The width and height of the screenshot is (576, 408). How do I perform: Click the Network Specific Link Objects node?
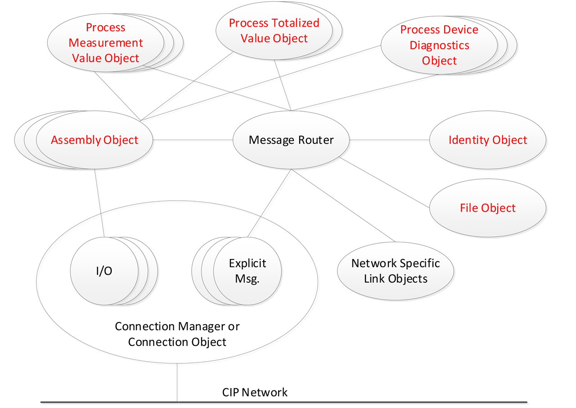tap(396, 271)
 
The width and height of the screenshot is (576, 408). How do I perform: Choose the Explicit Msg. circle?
tap(247, 271)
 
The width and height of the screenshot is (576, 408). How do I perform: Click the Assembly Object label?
tap(94, 140)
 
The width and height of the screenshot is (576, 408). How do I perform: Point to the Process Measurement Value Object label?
tap(106, 43)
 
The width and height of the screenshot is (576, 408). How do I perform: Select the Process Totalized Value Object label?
tap(274, 31)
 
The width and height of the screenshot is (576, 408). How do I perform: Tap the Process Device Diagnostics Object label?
tap(439, 45)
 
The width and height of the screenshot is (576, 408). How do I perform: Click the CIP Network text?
tap(255, 392)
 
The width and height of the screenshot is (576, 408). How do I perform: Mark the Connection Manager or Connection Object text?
tap(177, 334)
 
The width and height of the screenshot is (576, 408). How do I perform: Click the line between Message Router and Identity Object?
tap(389, 140)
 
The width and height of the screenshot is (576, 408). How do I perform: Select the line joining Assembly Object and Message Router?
tap(193, 140)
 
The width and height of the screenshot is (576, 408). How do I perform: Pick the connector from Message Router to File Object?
tap(385, 183)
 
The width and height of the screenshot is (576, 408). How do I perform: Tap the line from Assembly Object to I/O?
tap(99, 203)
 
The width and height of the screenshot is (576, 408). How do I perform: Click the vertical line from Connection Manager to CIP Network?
tap(177, 383)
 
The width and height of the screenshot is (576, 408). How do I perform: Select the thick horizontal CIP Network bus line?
tap(360, 402)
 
